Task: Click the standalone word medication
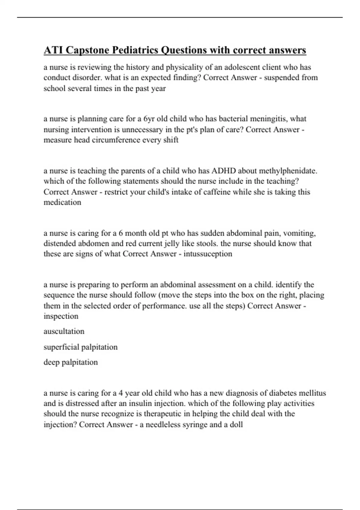pyautogui.click(x=62, y=202)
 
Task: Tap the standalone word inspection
pyautogui.click(x=61, y=316)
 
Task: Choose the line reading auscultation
pyautogui.click(x=64, y=331)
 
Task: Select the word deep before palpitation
pyautogui.click(x=51, y=362)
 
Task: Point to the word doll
pyautogui.click(x=236, y=424)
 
